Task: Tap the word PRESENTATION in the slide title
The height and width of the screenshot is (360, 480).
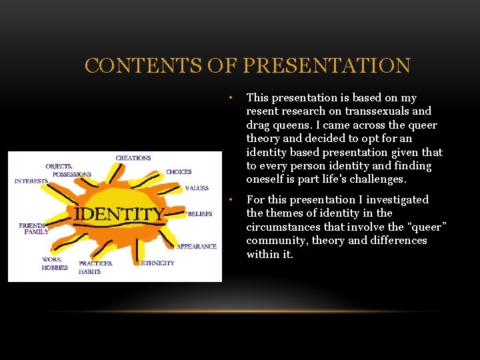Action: click(x=327, y=66)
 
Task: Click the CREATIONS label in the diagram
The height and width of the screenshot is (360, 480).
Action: click(x=133, y=158)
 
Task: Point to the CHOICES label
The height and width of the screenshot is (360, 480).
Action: click(x=179, y=172)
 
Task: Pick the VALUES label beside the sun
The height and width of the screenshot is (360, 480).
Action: click(x=197, y=188)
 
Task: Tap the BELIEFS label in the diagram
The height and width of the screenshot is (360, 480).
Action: click(x=200, y=214)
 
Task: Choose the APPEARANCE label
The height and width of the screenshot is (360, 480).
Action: click(x=197, y=246)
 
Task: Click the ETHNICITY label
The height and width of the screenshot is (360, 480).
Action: click(x=158, y=263)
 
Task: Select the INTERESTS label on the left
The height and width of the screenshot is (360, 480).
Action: click(x=31, y=181)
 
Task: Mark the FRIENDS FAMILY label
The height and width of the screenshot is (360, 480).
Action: click(x=33, y=229)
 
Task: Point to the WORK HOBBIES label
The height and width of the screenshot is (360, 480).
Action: click(x=55, y=263)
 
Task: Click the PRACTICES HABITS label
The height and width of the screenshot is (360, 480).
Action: click(x=95, y=267)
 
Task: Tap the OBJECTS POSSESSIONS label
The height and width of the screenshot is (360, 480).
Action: click(x=68, y=169)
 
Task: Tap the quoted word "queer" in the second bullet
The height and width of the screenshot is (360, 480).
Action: click(x=424, y=227)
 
